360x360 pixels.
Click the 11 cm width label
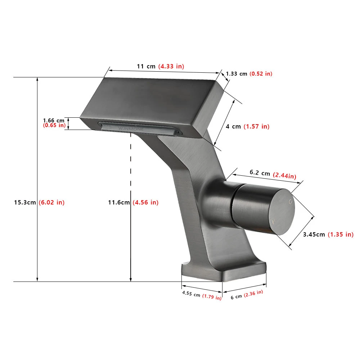click(146, 66)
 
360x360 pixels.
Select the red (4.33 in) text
click(171, 66)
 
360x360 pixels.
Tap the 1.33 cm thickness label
click(237, 74)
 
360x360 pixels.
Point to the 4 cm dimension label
click(233, 126)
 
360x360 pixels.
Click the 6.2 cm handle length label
click(260, 173)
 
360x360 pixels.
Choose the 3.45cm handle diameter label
click(314, 234)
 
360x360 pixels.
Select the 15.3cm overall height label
click(26, 202)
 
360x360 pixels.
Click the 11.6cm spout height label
click(119, 202)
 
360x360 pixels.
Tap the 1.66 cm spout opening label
click(54, 120)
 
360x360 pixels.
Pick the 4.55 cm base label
click(191, 294)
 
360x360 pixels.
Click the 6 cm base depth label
click(237, 296)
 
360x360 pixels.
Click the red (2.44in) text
click(284, 176)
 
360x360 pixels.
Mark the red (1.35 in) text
click(340, 234)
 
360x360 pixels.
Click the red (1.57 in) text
click(256, 126)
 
